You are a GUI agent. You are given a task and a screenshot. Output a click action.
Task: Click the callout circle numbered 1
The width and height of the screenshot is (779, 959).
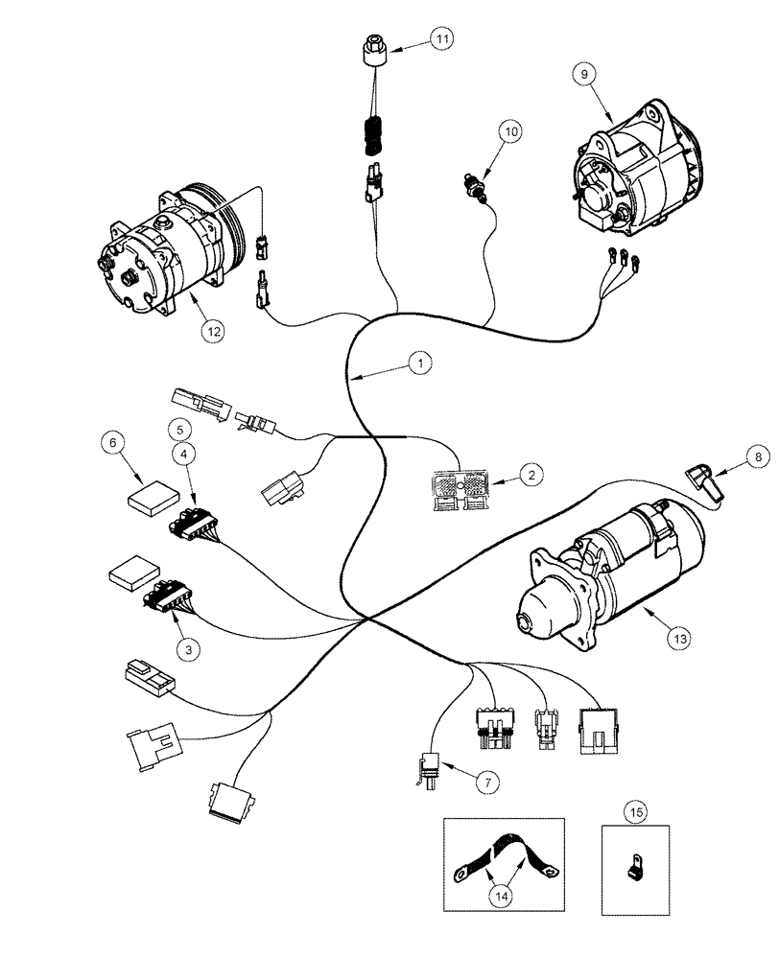(418, 363)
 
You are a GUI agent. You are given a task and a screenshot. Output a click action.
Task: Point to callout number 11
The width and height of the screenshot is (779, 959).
(442, 39)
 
